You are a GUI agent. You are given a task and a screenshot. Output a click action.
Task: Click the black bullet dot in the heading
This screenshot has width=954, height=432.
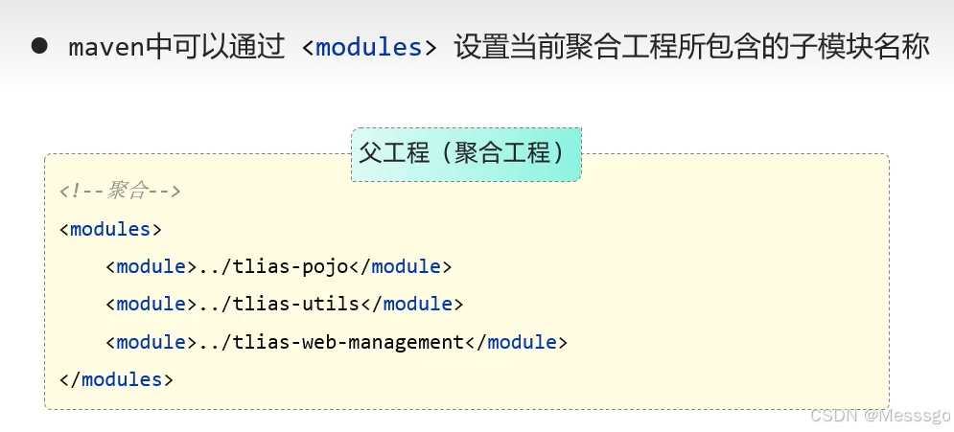(39, 47)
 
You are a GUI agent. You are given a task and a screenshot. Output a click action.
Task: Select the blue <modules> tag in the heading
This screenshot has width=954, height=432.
(368, 48)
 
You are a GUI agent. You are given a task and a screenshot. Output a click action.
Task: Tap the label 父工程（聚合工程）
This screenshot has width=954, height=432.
(465, 153)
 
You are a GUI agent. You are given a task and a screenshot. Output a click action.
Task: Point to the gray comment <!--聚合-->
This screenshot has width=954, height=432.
(120, 191)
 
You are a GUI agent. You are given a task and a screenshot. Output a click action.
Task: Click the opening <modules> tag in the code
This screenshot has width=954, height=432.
(110, 229)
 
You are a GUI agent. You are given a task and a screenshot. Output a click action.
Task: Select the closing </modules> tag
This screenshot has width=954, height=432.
(116, 379)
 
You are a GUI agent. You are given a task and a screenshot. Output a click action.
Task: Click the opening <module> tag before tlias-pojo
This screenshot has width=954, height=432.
(151, 266)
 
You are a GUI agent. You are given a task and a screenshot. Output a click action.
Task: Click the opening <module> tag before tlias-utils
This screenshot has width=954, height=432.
(151, 304)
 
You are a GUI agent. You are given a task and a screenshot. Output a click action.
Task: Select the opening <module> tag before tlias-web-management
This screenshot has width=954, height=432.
(151, 342)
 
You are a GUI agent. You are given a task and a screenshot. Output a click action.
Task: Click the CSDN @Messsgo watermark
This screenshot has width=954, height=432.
(880, 415)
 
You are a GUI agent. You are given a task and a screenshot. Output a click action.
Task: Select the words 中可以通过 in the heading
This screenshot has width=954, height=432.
(217, 48)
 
